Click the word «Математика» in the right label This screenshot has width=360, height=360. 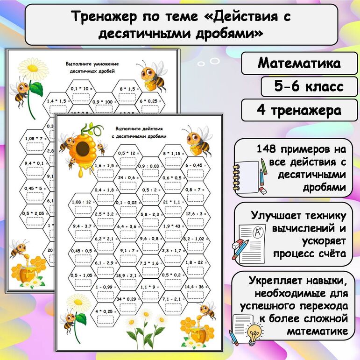click(x=299, y=63)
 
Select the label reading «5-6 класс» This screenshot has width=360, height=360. click(x=309, y=86)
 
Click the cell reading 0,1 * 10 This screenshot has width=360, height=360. click(x=82, y=92)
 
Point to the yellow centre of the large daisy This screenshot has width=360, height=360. click(x=33, y=68)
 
